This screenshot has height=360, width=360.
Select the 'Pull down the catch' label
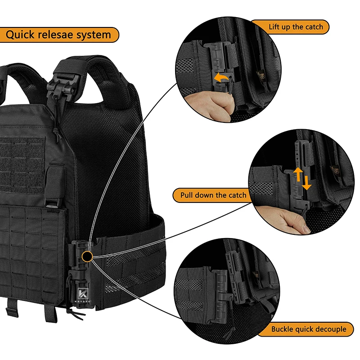coord(213,195)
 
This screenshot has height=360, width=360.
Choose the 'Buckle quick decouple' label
coord(309,329)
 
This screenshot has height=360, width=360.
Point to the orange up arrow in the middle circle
coord(297,174)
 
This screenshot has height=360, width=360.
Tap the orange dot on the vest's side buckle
coord(87,256)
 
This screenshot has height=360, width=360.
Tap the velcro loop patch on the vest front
coord(22,157)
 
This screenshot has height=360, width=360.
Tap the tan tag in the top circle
coord(260,75)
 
